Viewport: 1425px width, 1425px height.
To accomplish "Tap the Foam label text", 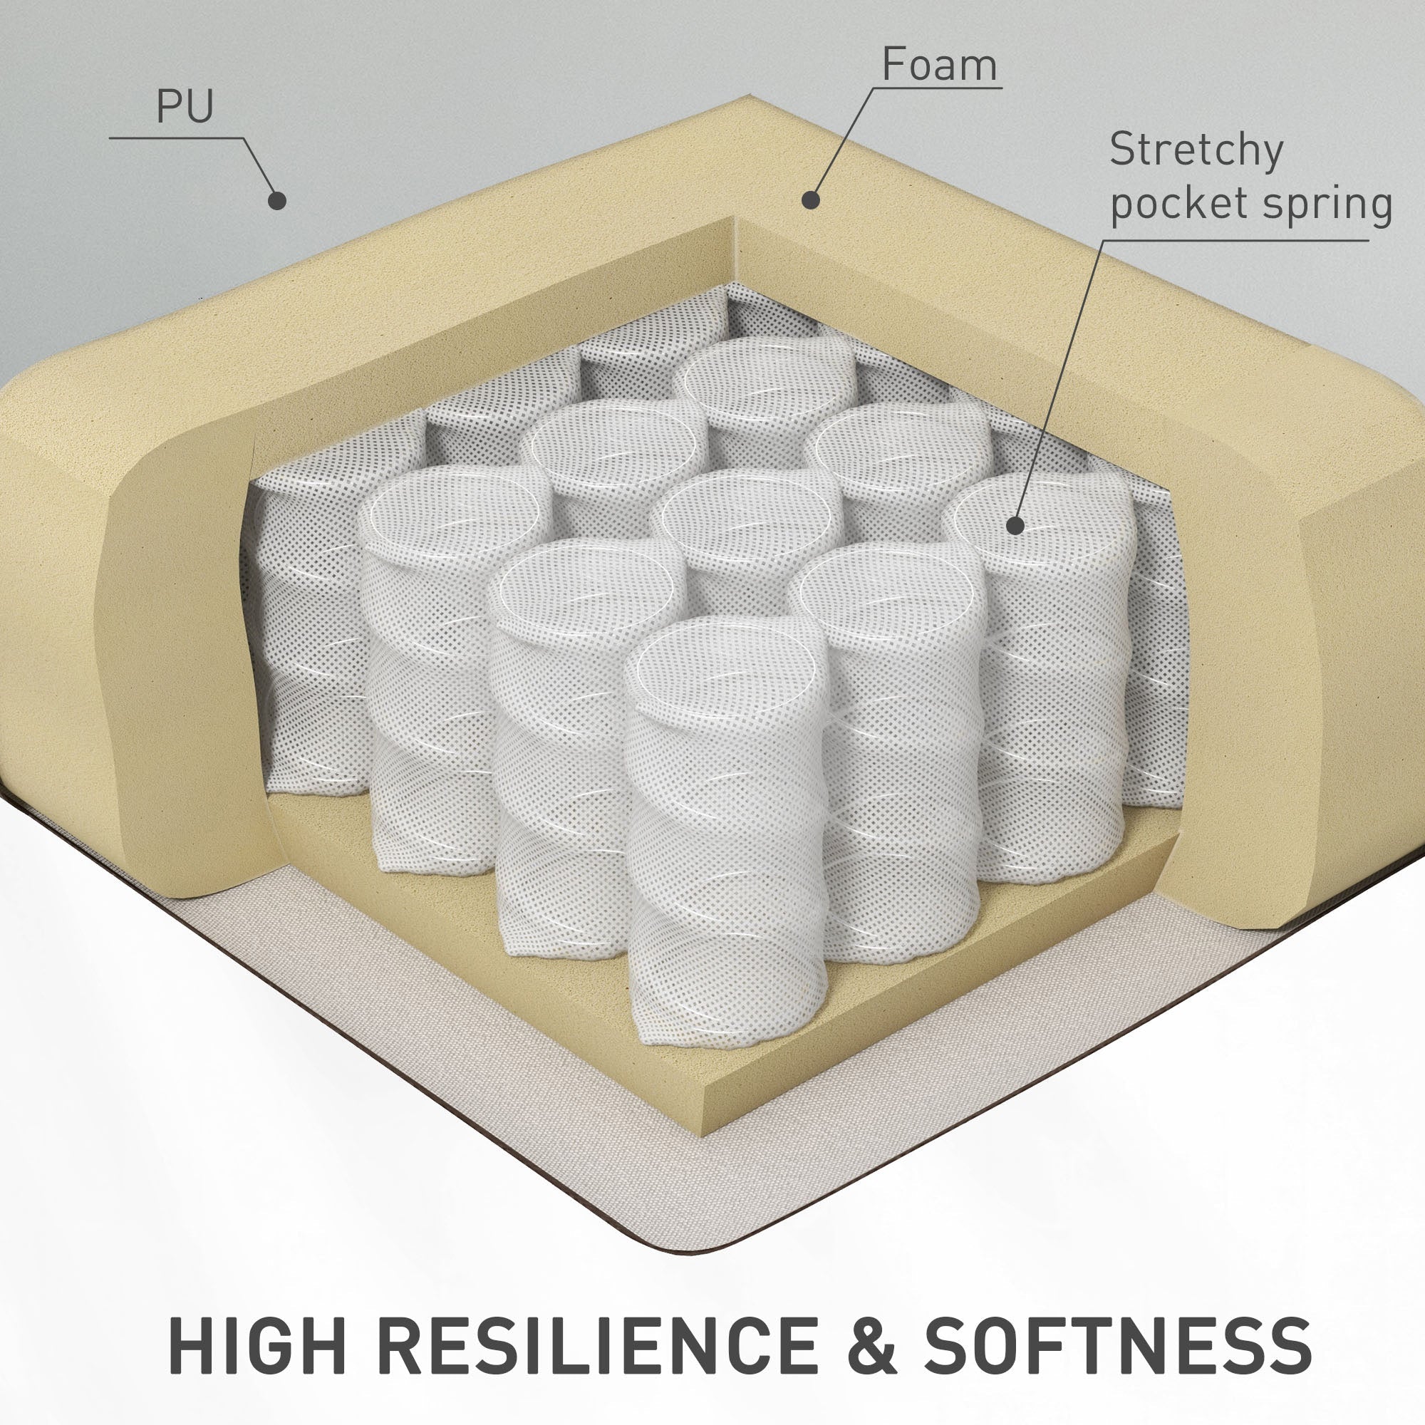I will [939, 65].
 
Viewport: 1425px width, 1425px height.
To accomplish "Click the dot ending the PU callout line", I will [276, 200].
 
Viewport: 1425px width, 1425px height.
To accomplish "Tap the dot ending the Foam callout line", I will [812, 199].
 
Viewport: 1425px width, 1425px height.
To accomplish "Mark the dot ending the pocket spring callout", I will [1015, 525].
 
